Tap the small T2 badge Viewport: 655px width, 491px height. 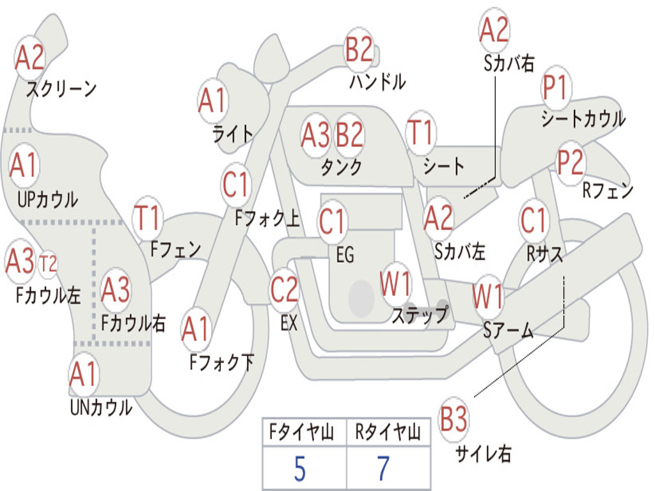48,263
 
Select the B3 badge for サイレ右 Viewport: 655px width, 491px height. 454,420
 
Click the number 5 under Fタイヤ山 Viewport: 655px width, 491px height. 299,469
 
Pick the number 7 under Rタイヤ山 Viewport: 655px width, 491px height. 383,469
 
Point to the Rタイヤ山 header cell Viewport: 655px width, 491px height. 388,433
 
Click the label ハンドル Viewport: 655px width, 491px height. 377,82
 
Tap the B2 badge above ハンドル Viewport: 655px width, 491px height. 359,50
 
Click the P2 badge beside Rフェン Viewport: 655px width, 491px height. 570,163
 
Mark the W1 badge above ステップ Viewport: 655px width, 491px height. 395,283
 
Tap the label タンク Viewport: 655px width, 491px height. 341,168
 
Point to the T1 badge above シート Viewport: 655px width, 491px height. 420,134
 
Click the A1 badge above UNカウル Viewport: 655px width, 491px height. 83,375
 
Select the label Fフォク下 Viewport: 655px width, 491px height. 221,362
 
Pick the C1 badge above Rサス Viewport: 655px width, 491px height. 533,221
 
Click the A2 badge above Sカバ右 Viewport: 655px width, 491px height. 494,30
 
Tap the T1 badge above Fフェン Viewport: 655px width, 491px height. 147,219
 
